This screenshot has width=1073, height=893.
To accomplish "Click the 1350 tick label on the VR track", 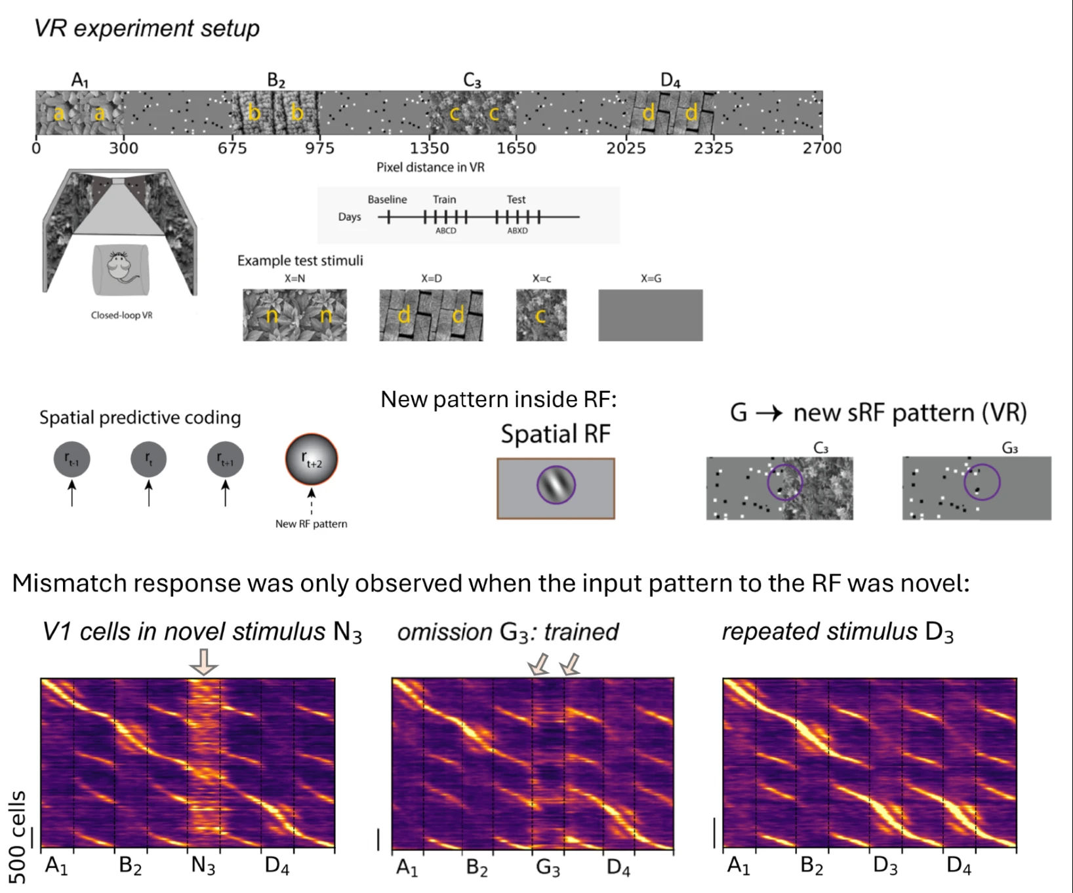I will tap(430, 148).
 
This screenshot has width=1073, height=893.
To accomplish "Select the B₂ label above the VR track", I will tap(276, 81).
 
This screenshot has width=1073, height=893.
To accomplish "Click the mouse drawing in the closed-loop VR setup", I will tap(121, 269).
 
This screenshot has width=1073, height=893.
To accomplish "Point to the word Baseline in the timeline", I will tap(387, 199).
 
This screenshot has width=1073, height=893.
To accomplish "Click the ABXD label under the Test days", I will tap(517, 231).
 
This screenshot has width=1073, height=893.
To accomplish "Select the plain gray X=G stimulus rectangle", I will tap(650, 315).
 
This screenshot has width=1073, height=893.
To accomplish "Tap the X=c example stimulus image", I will tap(541, 315).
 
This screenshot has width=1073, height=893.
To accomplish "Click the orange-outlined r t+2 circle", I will tap(312, 460).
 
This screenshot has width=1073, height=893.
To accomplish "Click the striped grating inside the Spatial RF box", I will tap(556, 485).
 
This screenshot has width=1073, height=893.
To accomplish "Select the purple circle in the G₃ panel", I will tap(982, 483).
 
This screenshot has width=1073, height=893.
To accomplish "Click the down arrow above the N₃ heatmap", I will tap(203, 662).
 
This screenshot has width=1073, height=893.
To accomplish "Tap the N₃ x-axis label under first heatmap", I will tap(203, 866).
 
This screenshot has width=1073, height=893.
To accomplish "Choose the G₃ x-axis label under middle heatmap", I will tap(548, 868).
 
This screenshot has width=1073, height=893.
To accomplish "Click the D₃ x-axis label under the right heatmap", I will tap(885, 866).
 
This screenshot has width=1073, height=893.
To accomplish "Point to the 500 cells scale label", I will tap(18, 837).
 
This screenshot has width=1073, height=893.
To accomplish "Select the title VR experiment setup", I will tap(147, 28).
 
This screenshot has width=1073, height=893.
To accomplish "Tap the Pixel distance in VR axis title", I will tap(430, 167).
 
